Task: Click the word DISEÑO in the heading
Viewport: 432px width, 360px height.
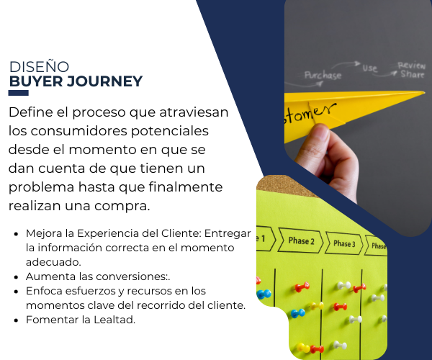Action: [x=39, y=67]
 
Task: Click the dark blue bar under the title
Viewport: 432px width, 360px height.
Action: [x=19, y=93]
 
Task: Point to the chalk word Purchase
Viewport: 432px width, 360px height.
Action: [x=323, y=75]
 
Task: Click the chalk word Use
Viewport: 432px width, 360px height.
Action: [x=370, y=68]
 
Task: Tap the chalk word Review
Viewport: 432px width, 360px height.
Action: [x=412, y=66]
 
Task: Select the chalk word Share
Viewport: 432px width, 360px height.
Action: [x=413, y=74]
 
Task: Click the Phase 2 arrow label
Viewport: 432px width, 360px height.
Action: [x=300, y=240]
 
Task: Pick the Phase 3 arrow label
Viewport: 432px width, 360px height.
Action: [x=344, y=243]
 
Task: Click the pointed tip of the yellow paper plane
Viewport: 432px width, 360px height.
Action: [x=424, y=93]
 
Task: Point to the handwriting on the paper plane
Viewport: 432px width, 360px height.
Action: [x=310, y=113]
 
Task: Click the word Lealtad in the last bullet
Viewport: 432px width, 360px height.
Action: [x=114, y=320]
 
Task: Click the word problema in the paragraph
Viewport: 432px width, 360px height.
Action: [x=41, y=188]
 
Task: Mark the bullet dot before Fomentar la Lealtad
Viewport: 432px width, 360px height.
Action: [x=17, y=320]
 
